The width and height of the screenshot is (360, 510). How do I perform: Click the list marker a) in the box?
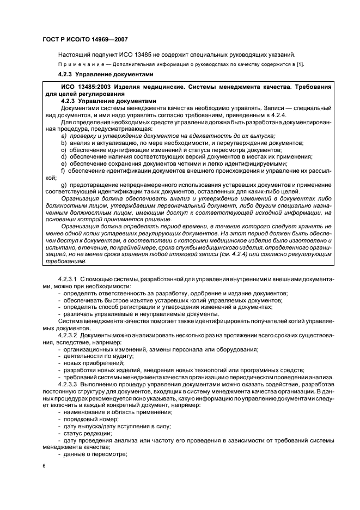coord(63,135)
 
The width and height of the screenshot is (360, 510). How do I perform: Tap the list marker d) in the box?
coord(64,156)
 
